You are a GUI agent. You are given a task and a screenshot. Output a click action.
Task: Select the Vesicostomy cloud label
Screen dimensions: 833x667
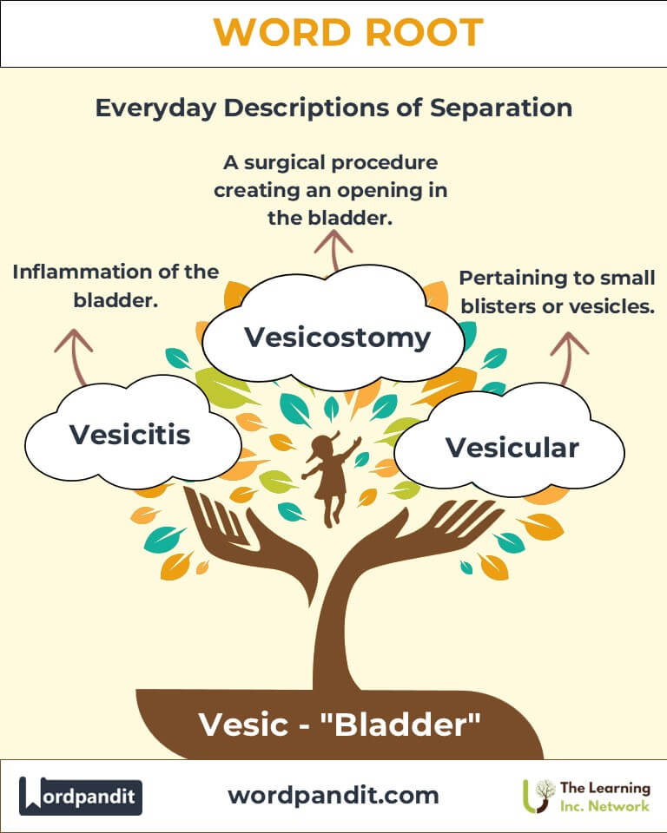coord(337,337)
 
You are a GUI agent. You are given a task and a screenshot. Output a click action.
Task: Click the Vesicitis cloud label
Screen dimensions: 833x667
coord(129,433)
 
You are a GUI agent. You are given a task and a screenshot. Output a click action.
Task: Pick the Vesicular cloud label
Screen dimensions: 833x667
coord(512,447)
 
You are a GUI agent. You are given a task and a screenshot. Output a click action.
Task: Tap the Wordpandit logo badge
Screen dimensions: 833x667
coord(81,795)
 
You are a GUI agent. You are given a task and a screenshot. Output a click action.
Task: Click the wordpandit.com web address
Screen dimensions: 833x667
coord(333,795)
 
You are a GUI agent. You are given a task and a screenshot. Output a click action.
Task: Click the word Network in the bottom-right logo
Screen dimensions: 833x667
coord(618,806)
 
